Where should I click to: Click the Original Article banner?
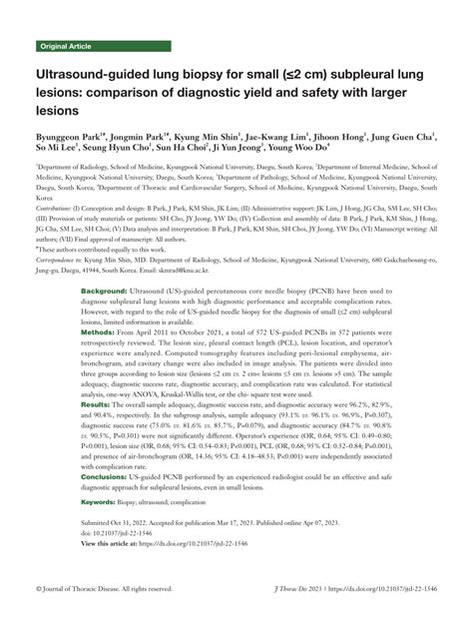[x=67, y=47]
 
